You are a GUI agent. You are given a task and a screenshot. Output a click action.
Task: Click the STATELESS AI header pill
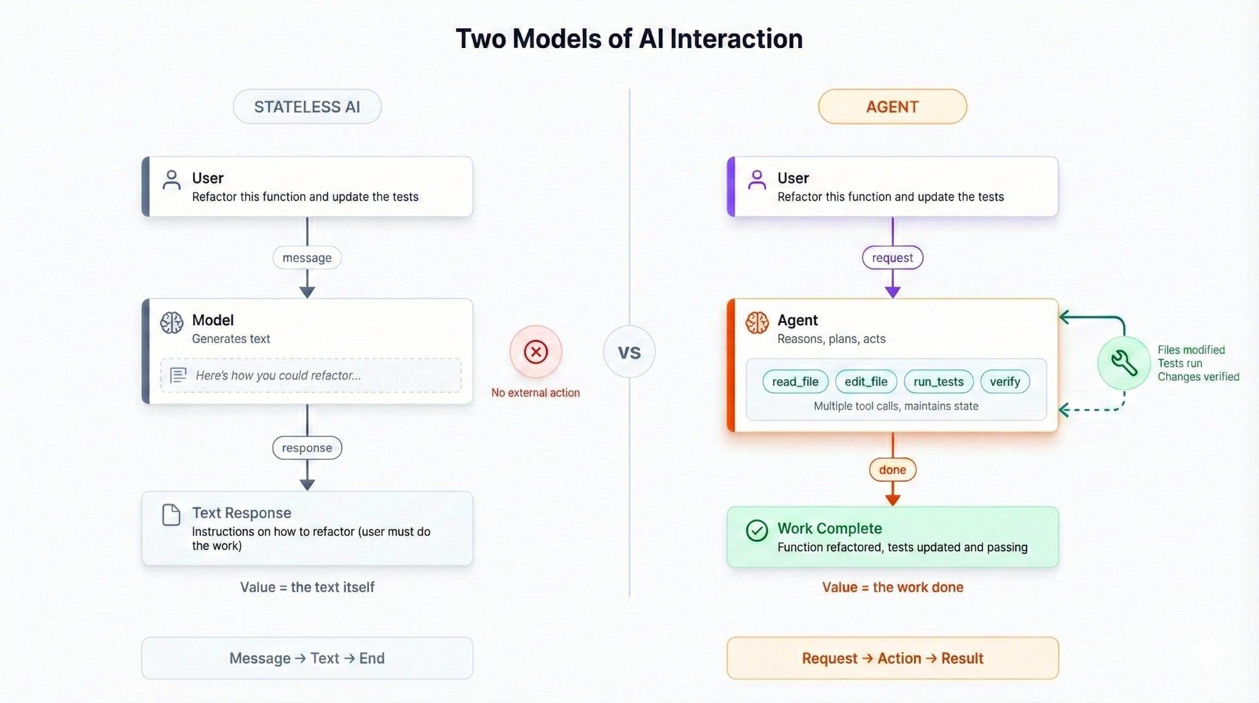307,106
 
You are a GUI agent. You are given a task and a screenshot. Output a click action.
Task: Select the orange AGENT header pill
893,106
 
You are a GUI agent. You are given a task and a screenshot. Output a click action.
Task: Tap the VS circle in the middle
629,352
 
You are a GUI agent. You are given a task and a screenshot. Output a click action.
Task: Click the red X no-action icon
536,352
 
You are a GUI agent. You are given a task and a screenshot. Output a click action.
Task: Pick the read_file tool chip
795,381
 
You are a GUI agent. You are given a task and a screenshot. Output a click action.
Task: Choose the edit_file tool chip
866,381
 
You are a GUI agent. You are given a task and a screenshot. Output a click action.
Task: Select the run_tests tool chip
939,381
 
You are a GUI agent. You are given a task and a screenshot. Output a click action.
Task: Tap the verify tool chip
1005,381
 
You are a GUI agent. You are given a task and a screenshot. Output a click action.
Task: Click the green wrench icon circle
1124,363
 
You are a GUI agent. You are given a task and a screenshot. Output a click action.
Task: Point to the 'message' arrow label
307,258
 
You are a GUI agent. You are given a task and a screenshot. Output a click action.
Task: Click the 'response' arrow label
307,448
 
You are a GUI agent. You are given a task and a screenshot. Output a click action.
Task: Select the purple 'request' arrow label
893,258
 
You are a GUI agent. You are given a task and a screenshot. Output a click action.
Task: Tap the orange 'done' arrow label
893,470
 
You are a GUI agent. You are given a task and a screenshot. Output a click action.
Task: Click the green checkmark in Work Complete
757,530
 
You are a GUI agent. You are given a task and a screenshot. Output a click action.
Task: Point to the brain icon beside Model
172,322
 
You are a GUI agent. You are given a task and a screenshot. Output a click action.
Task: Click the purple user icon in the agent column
757,180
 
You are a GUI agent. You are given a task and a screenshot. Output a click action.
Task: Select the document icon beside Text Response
171,515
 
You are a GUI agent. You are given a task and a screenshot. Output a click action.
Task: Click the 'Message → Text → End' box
307,658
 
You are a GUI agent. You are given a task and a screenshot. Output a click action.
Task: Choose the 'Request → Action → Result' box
893,658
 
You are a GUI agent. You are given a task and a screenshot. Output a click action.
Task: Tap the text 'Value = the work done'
893,587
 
